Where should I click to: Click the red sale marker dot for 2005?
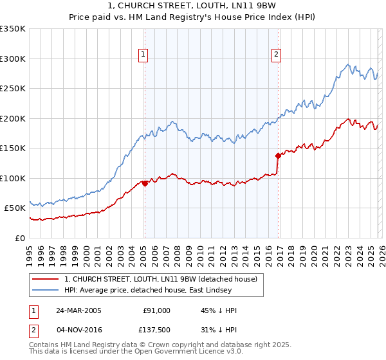(145, 183)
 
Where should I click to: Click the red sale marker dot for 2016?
(278, 155)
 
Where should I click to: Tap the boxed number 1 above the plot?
(142, 55)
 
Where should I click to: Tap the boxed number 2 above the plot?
(276, 55)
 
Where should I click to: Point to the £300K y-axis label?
(13, 59)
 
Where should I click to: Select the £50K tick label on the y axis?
(15, 208)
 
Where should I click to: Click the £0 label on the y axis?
(21, 238)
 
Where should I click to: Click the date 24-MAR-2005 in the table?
(78, 310)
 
